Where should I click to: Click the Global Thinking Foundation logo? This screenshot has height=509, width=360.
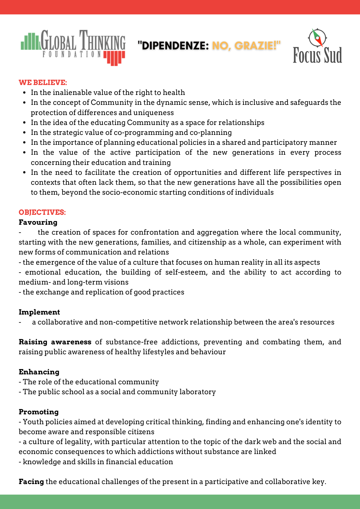coord(73,47)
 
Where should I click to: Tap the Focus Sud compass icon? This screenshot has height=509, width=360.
coord(317,38)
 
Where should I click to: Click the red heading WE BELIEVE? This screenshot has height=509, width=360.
coord(43,82)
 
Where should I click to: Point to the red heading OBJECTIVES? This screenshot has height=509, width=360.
coord(42,212)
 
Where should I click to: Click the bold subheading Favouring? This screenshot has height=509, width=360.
coord(38,222)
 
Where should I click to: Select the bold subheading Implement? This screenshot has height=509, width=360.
coord(39,312)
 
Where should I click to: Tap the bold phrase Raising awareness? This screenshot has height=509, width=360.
coord(55,342)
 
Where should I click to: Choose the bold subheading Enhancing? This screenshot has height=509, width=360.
coord(39,372)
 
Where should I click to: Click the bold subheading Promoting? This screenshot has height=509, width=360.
coord(39,412)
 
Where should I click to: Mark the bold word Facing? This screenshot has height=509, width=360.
coord(31,482)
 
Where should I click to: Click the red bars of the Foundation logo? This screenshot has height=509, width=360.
coord(114,58)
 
